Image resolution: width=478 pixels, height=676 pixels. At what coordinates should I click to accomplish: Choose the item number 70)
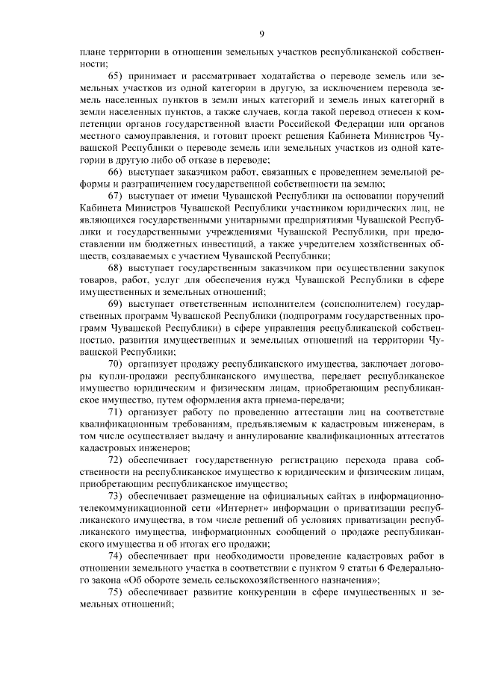(117, 364)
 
